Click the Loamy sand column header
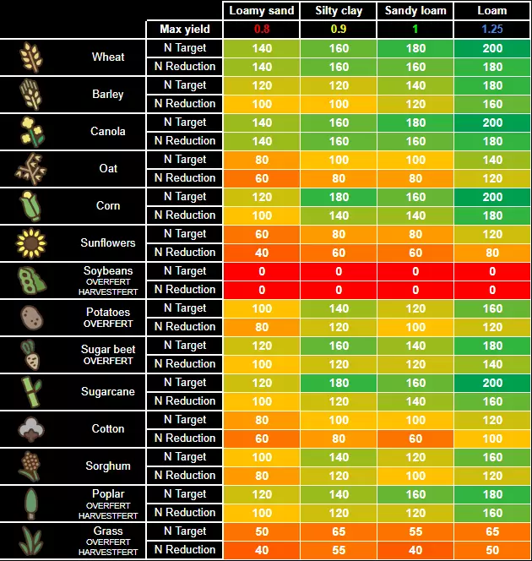(x=262, y=11)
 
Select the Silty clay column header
(x=339, y=11)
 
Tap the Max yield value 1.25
(x=492, y=30)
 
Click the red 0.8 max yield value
(x=262, y=30)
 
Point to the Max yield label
(x=185, y=30)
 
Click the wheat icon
(x=30, y=57)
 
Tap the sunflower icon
(x=30, y=243)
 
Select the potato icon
(x=30, y=318)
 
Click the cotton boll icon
(x=30, y=429)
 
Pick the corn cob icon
(x=30, y=206)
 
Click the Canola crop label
(x=108, y=132)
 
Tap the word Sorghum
(x=108, y=466)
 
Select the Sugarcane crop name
(x=108, y=392)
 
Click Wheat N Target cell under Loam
(x=492, y=48)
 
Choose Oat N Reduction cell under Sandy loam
(x=415, y=178)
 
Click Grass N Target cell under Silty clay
(x=339, y=531)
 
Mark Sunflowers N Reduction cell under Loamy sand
(x=262, y=253)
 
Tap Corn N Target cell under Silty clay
(x=339, y=197)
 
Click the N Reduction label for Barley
(x=185, y=104)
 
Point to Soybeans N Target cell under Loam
(x=492, y=271)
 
